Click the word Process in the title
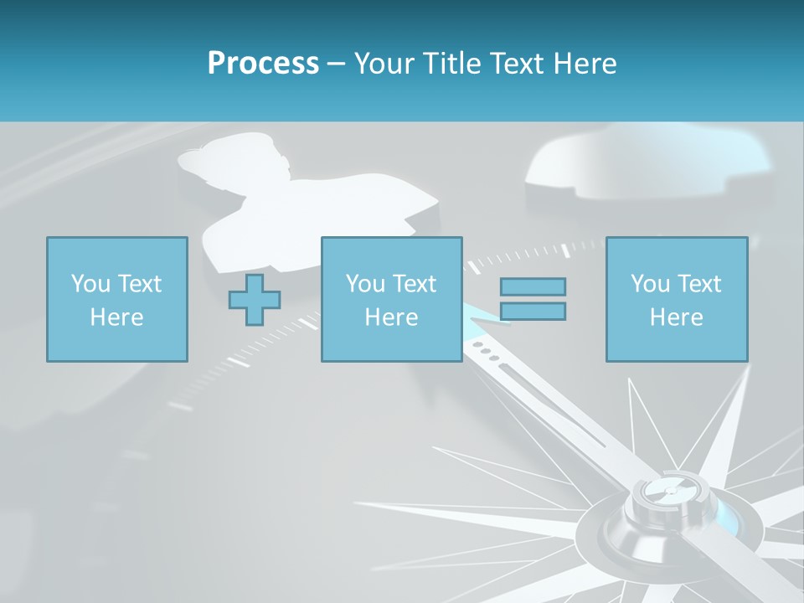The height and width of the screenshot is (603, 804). (x=263, y=64)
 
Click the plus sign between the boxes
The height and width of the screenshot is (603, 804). (x=255, y=300)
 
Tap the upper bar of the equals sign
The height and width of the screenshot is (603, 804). (x=533, y=287)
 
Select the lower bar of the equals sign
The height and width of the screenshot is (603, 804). (x=533, y=312)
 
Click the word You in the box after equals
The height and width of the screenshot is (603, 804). (x=649, y=284)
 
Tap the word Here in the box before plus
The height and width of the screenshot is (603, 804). (x=116, y=317)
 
